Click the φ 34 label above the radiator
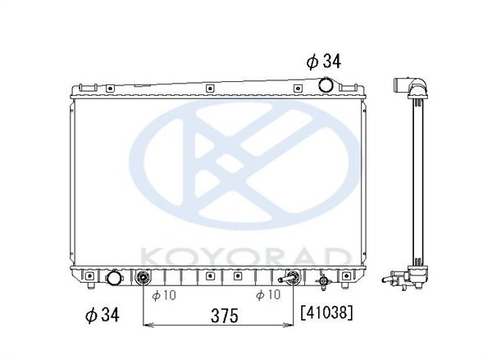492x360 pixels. [x=324, y=61]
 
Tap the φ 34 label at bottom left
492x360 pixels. [x=102, y=314]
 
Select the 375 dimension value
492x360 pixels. [x=225, y=316]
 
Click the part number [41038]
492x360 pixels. [x=326, y=312]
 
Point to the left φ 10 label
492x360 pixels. [x=164, y=295]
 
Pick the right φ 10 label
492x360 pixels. [x=268, y=294]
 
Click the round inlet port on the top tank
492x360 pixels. [x=326, y=84]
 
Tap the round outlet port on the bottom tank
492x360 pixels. [x=114, y=277]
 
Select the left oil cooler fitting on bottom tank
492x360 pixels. [x=143, y=277]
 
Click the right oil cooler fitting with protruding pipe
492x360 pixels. [x=290, y=277]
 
